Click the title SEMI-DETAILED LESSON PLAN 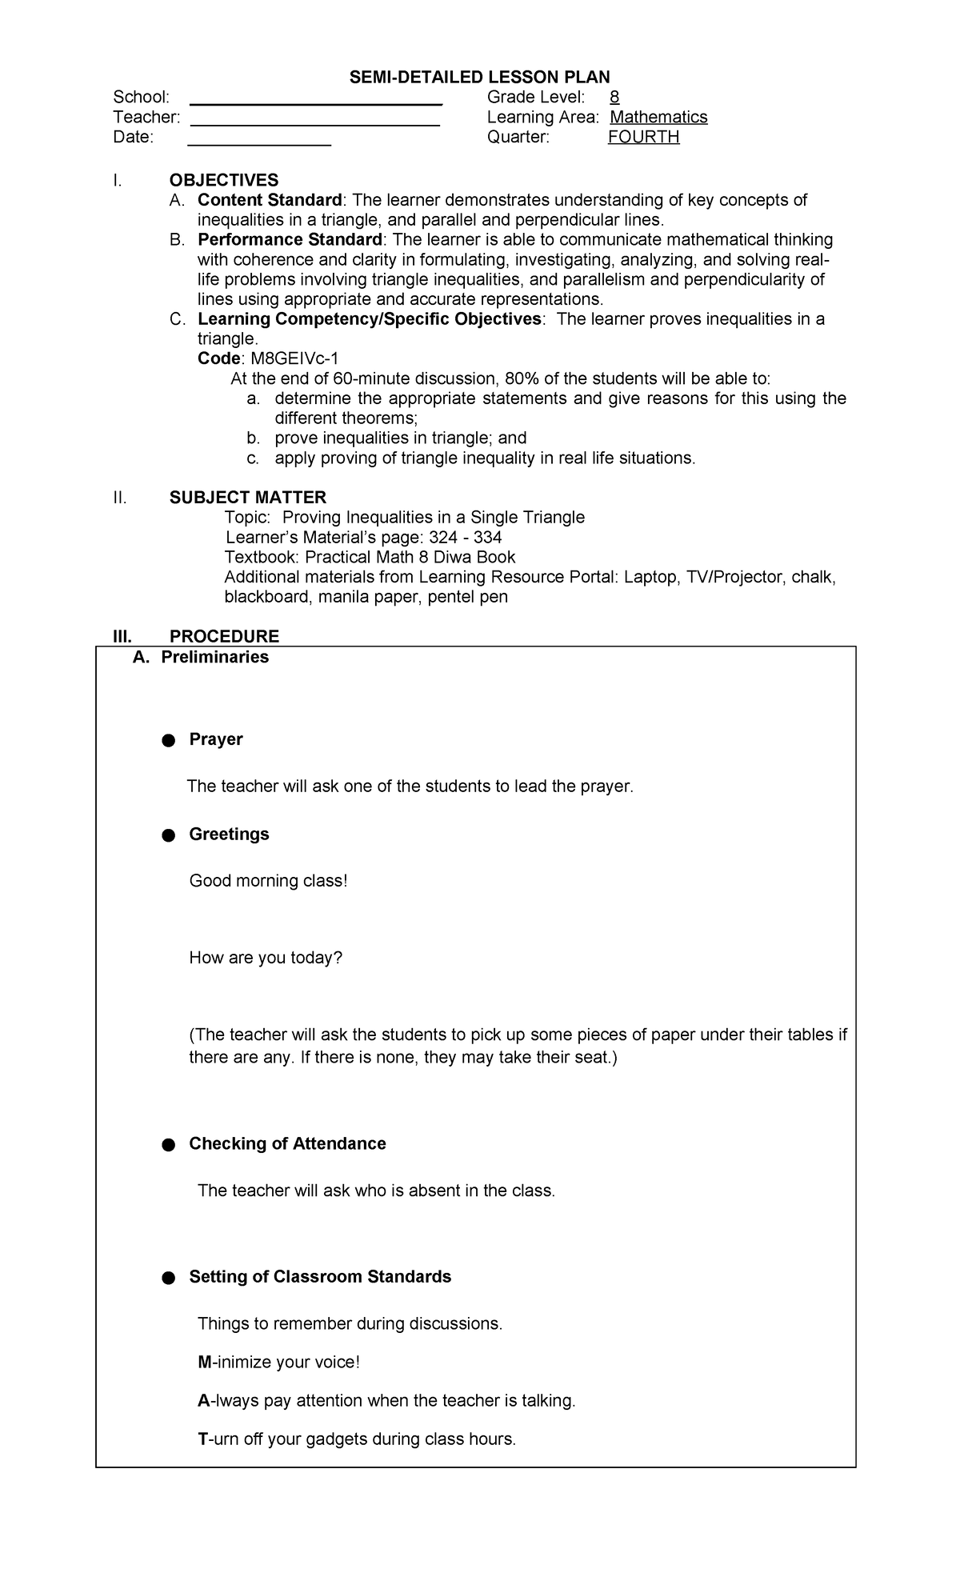pos(479,77)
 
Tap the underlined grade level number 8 pos(614,98)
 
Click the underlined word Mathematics pos(658,118)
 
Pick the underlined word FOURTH pos(643,137)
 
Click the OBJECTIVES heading pos(224,180)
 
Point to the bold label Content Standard pos(270,200)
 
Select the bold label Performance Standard pos(290,240)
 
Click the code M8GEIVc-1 pos(300,358)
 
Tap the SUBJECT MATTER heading pos(248,498)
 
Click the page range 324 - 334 pos(466,538)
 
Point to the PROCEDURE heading pos(224,637)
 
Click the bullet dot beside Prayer pos(168,741)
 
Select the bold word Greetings pos(229,834)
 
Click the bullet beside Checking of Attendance pos(168,1145)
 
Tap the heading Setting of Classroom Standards pos(320,1277)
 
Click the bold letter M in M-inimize pos(203,1363)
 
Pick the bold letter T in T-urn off pos(202,1439)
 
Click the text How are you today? pos(266,958)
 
